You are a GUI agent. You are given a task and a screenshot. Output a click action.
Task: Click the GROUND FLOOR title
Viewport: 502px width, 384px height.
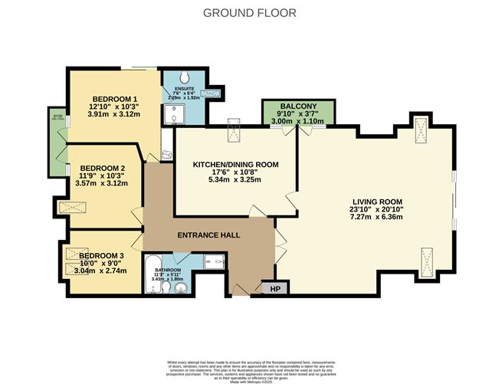(x=250, y=13)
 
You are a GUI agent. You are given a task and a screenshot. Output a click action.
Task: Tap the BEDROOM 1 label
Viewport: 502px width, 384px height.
(x=115, y=100)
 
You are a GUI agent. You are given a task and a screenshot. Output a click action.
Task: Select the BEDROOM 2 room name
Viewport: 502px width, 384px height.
(x=102, y=168)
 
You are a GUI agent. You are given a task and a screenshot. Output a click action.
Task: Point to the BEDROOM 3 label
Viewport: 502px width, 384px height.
(x=101, y=254)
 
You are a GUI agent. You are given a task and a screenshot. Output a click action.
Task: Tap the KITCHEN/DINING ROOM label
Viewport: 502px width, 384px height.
(x=235, y=165)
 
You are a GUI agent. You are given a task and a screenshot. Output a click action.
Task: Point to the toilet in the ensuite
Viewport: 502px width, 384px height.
(x=187, y=80)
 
